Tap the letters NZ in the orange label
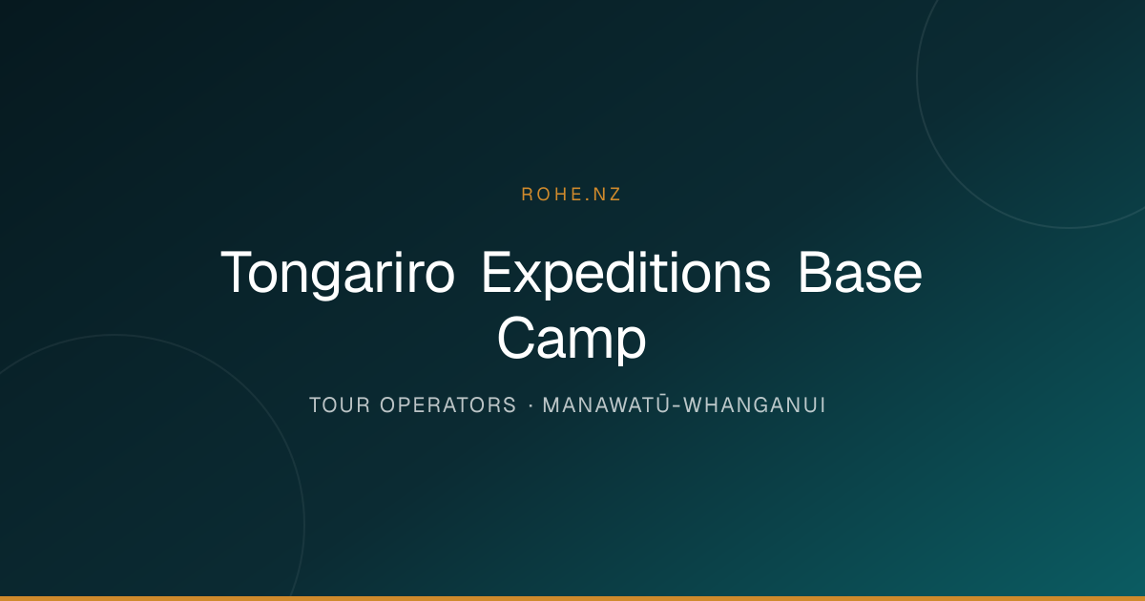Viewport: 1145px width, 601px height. (607, 195)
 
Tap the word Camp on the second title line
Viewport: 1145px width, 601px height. (572, 339)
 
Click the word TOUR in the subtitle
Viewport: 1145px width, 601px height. (340, 405)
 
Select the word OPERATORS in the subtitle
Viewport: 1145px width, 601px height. (448, 405)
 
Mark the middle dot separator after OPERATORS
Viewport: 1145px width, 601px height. (531, 405)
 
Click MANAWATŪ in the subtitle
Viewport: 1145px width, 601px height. (606, 404)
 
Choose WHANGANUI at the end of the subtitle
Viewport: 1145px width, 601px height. (755, 405)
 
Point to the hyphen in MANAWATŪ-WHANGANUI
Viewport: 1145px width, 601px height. (677, 406)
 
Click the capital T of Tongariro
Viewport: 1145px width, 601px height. (239, 272)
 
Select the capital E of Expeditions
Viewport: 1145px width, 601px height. (497, 272)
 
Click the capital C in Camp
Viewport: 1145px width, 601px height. (516, 338)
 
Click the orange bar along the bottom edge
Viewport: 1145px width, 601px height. (572, 598)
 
